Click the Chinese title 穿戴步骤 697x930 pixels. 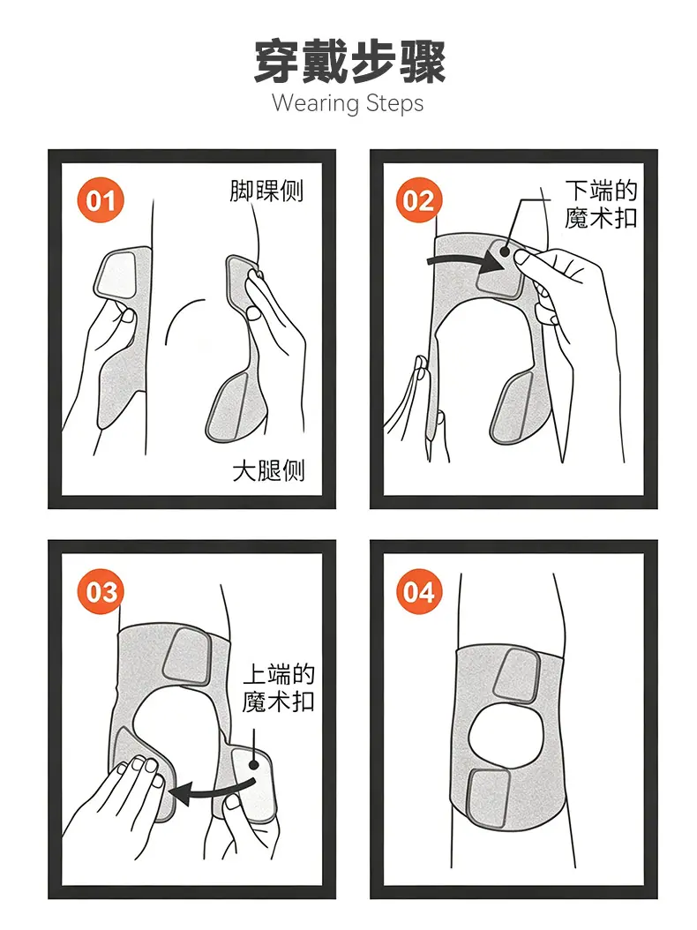(x=348, y=61)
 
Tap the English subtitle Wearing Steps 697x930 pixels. (x=348, y=103)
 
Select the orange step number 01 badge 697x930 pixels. (x=100, y=200)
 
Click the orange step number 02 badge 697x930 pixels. (x=419, y=200)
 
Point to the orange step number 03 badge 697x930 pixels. (x=101, y=591)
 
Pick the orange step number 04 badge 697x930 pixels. (x=419, y=591)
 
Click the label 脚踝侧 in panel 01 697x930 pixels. (x=266, y=191)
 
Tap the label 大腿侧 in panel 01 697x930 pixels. (x=268, y=470)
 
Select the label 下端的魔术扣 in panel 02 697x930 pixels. (x=600, y=205)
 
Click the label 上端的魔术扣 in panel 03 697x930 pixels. (x=278, y=688)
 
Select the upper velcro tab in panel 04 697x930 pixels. (x=515, y=676)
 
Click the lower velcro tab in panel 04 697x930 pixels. (x=490, y=798)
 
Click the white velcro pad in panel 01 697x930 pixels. (x=117, y=274)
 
